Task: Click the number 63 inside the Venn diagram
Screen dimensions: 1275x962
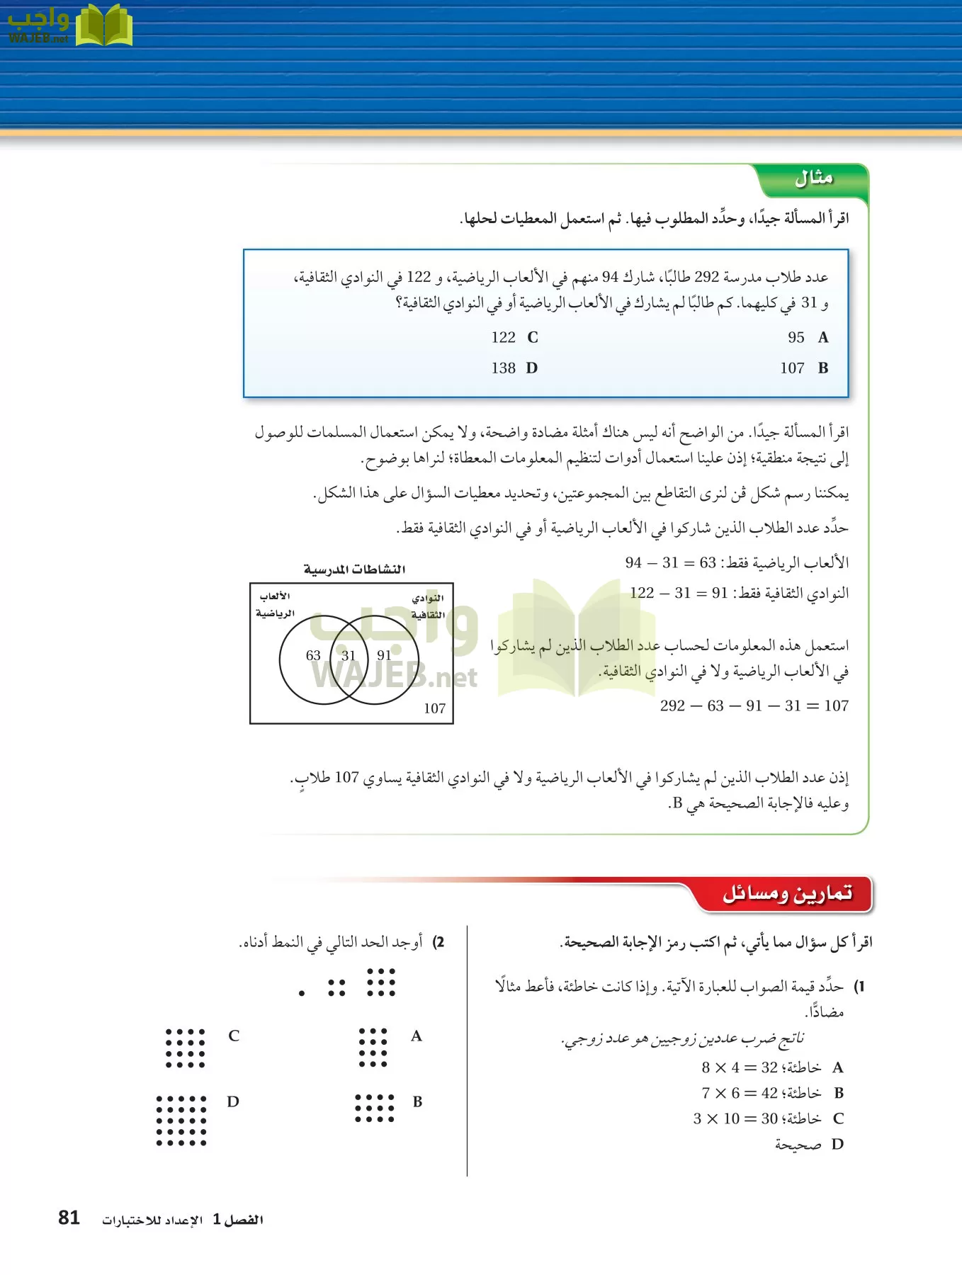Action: pyautogui.click(x=313, y=655)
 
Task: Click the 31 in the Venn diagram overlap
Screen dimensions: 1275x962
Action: pyautogui.click(x=348, y=655)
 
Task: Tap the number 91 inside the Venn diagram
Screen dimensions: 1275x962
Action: pyautogui.click(x=384, y=655)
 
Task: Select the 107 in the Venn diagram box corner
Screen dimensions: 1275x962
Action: pyautogui.click(x=434, y=708)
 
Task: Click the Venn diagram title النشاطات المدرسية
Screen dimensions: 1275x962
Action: pyautogui.click(x=354, y=569)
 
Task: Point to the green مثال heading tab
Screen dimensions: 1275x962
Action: pyautogui.click(x=813, y=178)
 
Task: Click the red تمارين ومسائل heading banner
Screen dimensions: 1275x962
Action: pyautogui.click(x=787, y=894)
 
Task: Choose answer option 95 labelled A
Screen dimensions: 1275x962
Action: pyautogui.click(x=796, y=338)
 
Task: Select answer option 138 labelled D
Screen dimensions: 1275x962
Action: pyautogui.click(x=504, y=368)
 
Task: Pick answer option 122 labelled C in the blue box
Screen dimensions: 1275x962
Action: pyautogui.click(x=504, y=338)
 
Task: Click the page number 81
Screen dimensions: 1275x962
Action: pyautogui.click(x=69, y=1218)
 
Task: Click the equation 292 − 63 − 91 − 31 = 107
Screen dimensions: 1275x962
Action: pyautogui.click(x=754, y=705)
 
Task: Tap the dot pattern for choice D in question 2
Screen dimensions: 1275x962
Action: pyautogui.click(x=181, y=1120)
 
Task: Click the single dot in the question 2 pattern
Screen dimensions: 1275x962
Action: pyautogui.click(x=302, y=993)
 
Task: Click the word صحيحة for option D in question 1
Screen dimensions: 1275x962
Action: pyautogui.click(x=798, y=1145)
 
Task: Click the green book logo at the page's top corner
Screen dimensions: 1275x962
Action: pyautogui.click(x=103, y=25)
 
